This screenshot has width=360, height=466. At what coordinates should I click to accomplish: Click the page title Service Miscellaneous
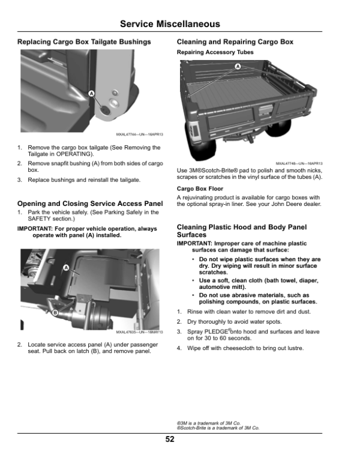[x=170, y=24]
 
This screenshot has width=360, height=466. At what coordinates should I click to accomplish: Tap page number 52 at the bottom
[x=170, y=439]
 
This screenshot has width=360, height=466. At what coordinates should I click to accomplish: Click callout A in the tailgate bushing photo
[x=91, y=94]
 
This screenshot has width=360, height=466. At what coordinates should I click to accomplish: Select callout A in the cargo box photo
[x=237, y=65]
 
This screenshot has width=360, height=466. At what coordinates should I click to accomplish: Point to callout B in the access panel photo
[x=55, y=313]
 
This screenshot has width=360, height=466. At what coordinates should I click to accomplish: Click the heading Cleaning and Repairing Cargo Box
[x=235, y=42]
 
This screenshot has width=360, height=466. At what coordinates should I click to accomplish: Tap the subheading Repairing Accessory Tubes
[x=215, y=53]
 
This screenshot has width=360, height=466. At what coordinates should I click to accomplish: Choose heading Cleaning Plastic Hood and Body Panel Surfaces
[x=242, y=231]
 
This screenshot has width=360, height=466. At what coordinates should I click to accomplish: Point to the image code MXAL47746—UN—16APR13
[x=299, y=163]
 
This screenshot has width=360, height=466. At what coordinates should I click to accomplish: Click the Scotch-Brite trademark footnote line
[x=218, y=428]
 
